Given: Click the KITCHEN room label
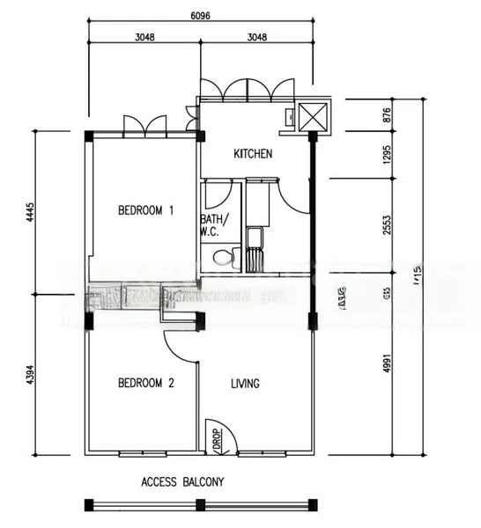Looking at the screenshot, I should [253, 154].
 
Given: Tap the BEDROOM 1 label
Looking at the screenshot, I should [146, 210].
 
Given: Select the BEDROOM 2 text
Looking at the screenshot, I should [146, 383].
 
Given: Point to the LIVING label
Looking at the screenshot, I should [246, 383].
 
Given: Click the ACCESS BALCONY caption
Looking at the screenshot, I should [182, 481].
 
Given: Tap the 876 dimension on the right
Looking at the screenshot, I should [387, 115].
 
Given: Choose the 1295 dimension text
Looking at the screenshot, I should [387, 154].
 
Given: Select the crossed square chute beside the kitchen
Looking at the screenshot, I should [313, 116].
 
